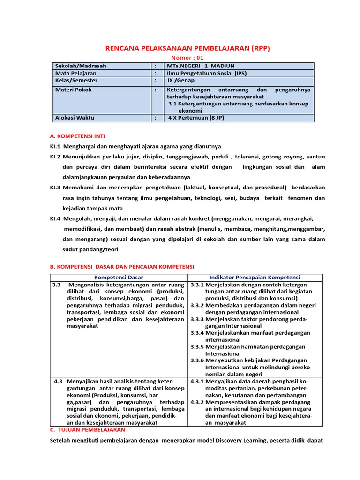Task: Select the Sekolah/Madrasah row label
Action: (x=81, y=66)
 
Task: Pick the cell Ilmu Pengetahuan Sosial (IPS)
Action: (x=207, y=74)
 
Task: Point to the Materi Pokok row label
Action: (x=74, y=90)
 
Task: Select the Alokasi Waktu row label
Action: (x=75, y=118)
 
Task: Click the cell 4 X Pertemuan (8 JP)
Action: (x=196, y=118)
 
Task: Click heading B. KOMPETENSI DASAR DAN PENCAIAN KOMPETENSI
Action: (x=122, y=267)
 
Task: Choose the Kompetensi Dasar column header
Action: (x=119, y=277)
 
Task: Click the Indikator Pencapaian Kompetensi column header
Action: (x=255, y=277)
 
